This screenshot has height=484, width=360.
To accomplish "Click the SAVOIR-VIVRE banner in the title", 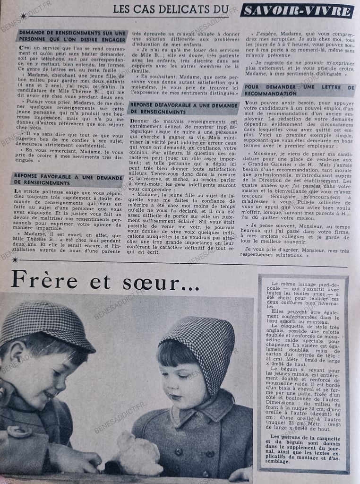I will click(x=297, y=10).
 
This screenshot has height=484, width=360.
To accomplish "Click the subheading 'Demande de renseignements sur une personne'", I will click(x=71, y=36).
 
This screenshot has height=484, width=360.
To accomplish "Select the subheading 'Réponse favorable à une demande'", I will click(x=66, y=179).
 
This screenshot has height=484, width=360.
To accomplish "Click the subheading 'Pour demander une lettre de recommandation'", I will click(x=299, y=90).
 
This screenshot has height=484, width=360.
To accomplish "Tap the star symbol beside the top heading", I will click(x=23, y=16).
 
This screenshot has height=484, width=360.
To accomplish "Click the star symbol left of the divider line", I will click(x=15, y=259).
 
